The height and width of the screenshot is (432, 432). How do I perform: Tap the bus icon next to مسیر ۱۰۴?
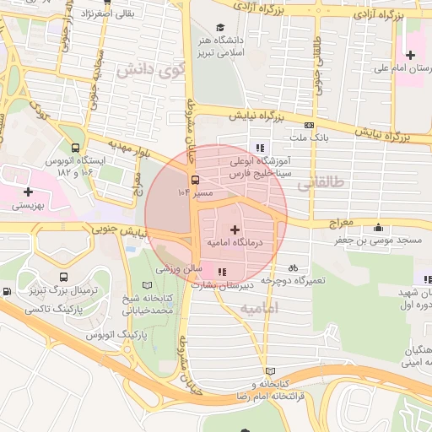195,180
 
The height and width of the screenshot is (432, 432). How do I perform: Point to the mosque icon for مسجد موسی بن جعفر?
377,227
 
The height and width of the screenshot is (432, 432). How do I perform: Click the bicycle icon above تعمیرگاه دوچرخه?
292,267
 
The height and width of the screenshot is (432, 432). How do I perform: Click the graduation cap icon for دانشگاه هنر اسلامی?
221,27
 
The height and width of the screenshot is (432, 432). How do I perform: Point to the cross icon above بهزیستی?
28,192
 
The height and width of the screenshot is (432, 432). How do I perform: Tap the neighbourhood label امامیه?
259,309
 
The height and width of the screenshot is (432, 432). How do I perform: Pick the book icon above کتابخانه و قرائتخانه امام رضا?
270,371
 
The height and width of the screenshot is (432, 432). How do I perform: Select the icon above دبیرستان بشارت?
222,272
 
